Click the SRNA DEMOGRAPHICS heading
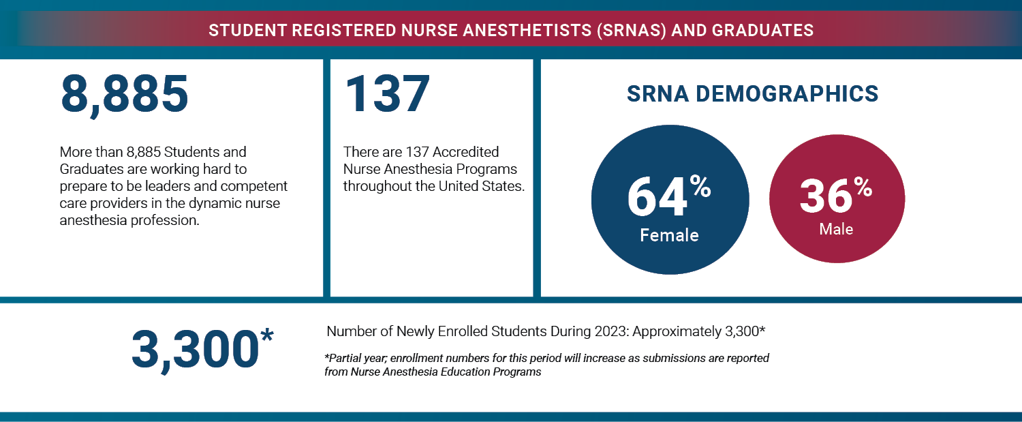(x=752, y=94)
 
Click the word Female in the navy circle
(x=669, y=235)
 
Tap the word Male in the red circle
(x=836, y=229)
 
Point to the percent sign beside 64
(x=700, y=185)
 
